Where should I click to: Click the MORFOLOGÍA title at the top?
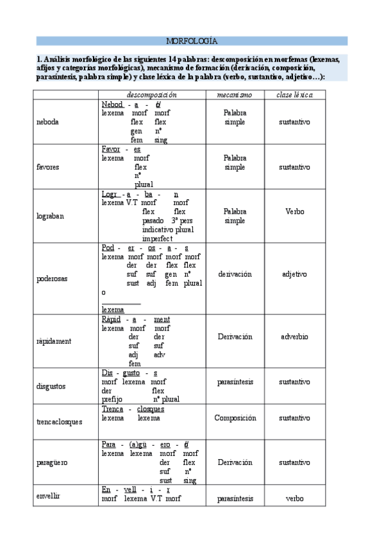pos(192,41)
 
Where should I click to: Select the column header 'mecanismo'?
pos(235,95)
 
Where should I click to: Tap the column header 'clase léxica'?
pos(294,95)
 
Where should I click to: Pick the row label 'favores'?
pos(48,166)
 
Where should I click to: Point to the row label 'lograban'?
pos(49,216)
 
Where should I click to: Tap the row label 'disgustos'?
pos(51,386)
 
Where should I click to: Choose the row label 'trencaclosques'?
pos(60,421)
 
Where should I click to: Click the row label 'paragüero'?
pos(53,462)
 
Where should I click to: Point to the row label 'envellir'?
pos(49,495)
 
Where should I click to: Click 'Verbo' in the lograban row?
pos(294,211)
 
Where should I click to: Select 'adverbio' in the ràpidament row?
pos(294,336)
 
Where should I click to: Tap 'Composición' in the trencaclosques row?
pos(235,417)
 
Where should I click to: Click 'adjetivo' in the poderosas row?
pos(294,273)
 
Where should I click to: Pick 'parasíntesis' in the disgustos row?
pos(235,382)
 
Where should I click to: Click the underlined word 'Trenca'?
pos(112,409)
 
